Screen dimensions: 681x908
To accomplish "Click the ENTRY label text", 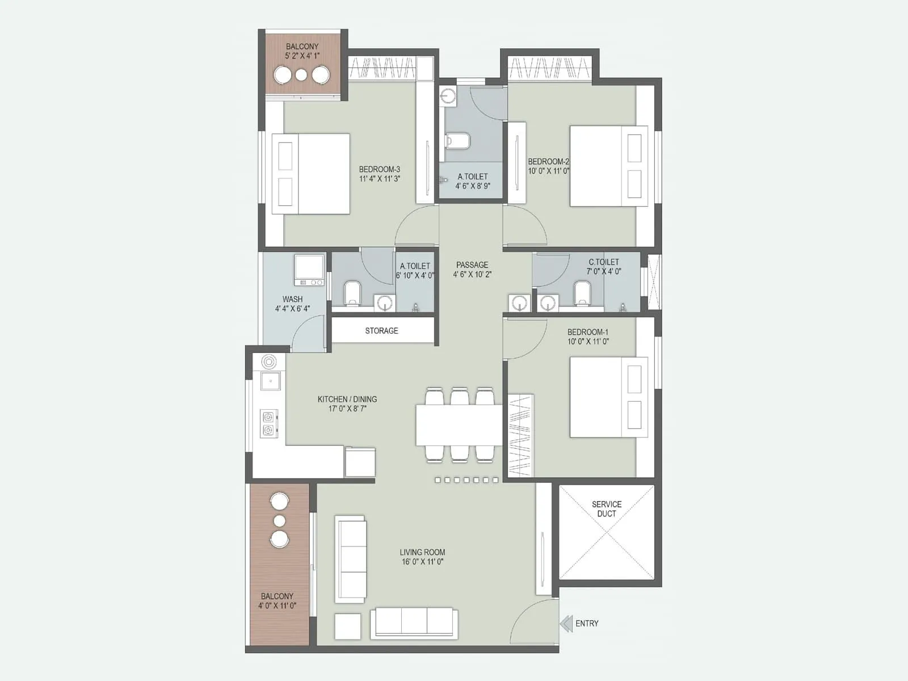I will [587, 623].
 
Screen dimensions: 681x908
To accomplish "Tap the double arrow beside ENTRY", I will [566, 624].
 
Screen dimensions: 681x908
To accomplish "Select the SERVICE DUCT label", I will [607, 509].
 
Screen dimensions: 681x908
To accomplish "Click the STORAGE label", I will [381, 331].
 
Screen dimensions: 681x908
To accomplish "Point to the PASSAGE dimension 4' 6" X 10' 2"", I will [472, 275].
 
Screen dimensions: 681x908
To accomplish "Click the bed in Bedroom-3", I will [310, 174].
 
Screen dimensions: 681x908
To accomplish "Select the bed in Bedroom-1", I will [608, 397].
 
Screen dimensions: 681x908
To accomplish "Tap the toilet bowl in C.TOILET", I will [582, 293].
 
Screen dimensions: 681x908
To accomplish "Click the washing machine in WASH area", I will [309, 270].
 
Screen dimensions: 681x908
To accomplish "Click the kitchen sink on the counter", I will [271, 380].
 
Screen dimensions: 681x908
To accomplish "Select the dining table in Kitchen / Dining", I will [459, 424].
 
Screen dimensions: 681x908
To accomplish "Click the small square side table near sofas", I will [347, 627].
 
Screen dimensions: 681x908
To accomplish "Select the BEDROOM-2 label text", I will [548, 162].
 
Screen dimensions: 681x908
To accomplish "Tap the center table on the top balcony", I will [301, 75].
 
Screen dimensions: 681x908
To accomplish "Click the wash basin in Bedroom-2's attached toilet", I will [448, 96].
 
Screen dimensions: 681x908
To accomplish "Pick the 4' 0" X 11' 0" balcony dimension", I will [277, 606].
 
